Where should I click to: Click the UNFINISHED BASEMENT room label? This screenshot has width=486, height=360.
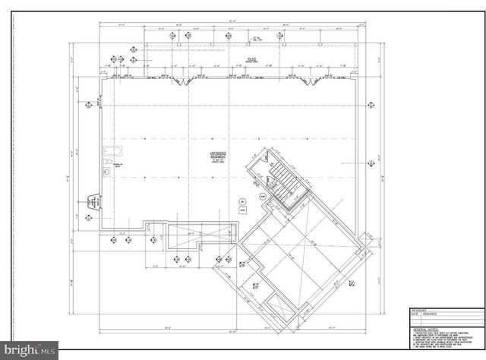[x=219, y=156]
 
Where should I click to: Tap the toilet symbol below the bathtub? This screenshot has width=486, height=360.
[x=108, y=163]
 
